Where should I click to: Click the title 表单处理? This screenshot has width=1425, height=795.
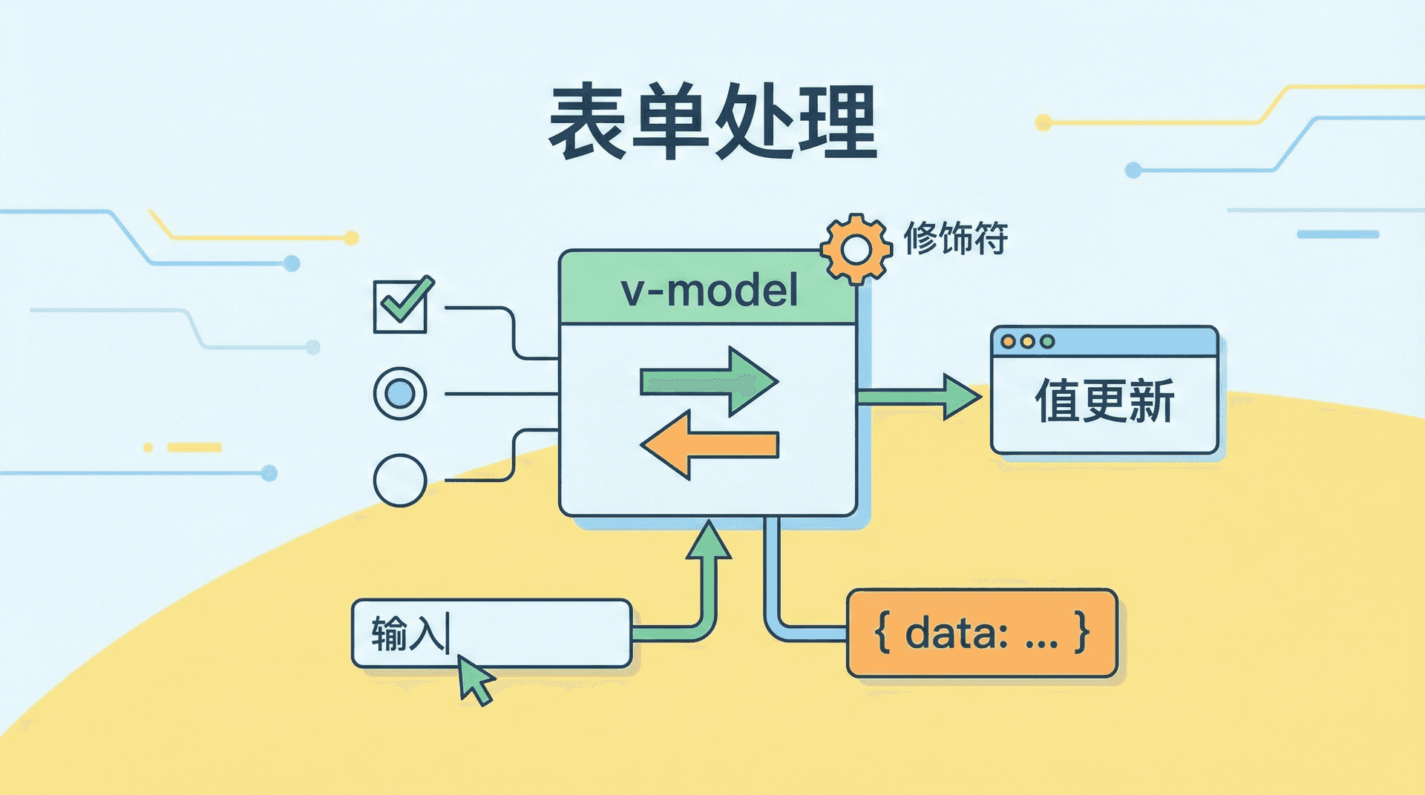[712, 122]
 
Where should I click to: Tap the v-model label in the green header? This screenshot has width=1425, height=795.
[709, 290]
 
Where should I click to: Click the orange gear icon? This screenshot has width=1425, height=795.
[856, 249]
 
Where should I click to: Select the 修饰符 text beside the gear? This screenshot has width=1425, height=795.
[955, 239]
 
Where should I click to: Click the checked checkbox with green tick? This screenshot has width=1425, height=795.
[401, 305]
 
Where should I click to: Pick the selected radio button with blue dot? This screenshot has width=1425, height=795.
[399, 393]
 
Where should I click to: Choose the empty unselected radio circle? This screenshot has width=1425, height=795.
[399, 480]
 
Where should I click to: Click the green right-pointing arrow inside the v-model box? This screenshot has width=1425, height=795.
[709, 382]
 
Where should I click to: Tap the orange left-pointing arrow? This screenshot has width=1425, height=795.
[709, 445]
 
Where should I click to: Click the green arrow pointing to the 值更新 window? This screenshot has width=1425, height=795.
[920, 397]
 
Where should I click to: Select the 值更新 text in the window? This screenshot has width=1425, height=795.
[1104, 401]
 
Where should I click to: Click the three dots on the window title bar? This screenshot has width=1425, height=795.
[1027, 341]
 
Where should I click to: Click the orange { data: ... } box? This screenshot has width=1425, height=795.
[981, 633]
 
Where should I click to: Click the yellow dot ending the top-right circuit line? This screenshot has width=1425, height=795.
[1043, 122]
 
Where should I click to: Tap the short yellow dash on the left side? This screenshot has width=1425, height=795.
[194, 447]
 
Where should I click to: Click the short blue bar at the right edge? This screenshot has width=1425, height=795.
[1337, 234]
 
